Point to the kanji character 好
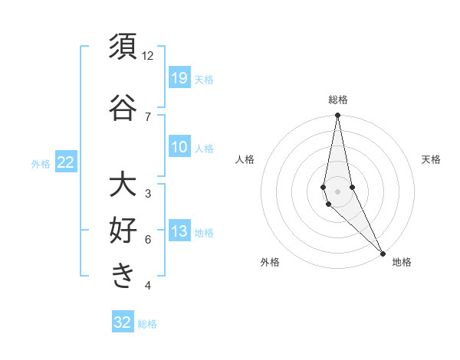click(123, 231)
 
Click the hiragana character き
click(123, 277)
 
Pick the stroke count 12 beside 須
click(148, 56)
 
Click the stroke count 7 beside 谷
click(148, 117)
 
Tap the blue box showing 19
click(179, 77)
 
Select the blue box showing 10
click(179, 147)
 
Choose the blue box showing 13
click(179, 232)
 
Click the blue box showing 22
click(66, 162)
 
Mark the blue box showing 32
click(123, 322)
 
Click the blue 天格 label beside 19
click(204, 79)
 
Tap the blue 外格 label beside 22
click(41, 163)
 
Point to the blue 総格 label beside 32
click(148, 324)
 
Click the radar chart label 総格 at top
click(338, 100)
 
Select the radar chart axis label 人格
click(245, 159)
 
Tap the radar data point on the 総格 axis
click(338, 116)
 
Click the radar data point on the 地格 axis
click(383, 252)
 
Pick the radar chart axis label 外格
click(270, 262)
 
